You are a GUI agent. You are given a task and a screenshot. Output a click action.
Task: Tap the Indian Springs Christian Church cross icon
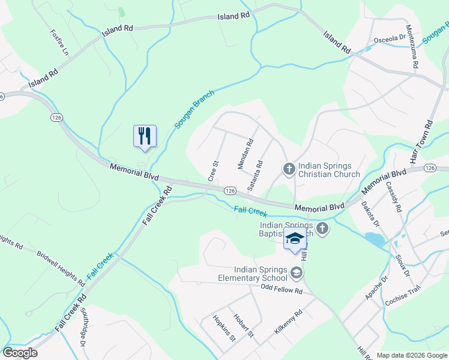(289, 169)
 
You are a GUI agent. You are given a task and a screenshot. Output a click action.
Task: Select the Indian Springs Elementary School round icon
(296, 274)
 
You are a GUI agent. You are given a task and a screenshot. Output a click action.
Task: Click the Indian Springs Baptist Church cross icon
(322, 228)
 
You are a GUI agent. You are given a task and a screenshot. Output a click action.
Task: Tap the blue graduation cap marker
(295, 238)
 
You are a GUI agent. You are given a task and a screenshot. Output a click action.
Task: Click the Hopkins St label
(223, 328)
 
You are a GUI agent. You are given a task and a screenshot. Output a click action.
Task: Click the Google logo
(20, 352)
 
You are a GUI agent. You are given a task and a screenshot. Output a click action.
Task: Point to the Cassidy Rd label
(394, 198)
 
